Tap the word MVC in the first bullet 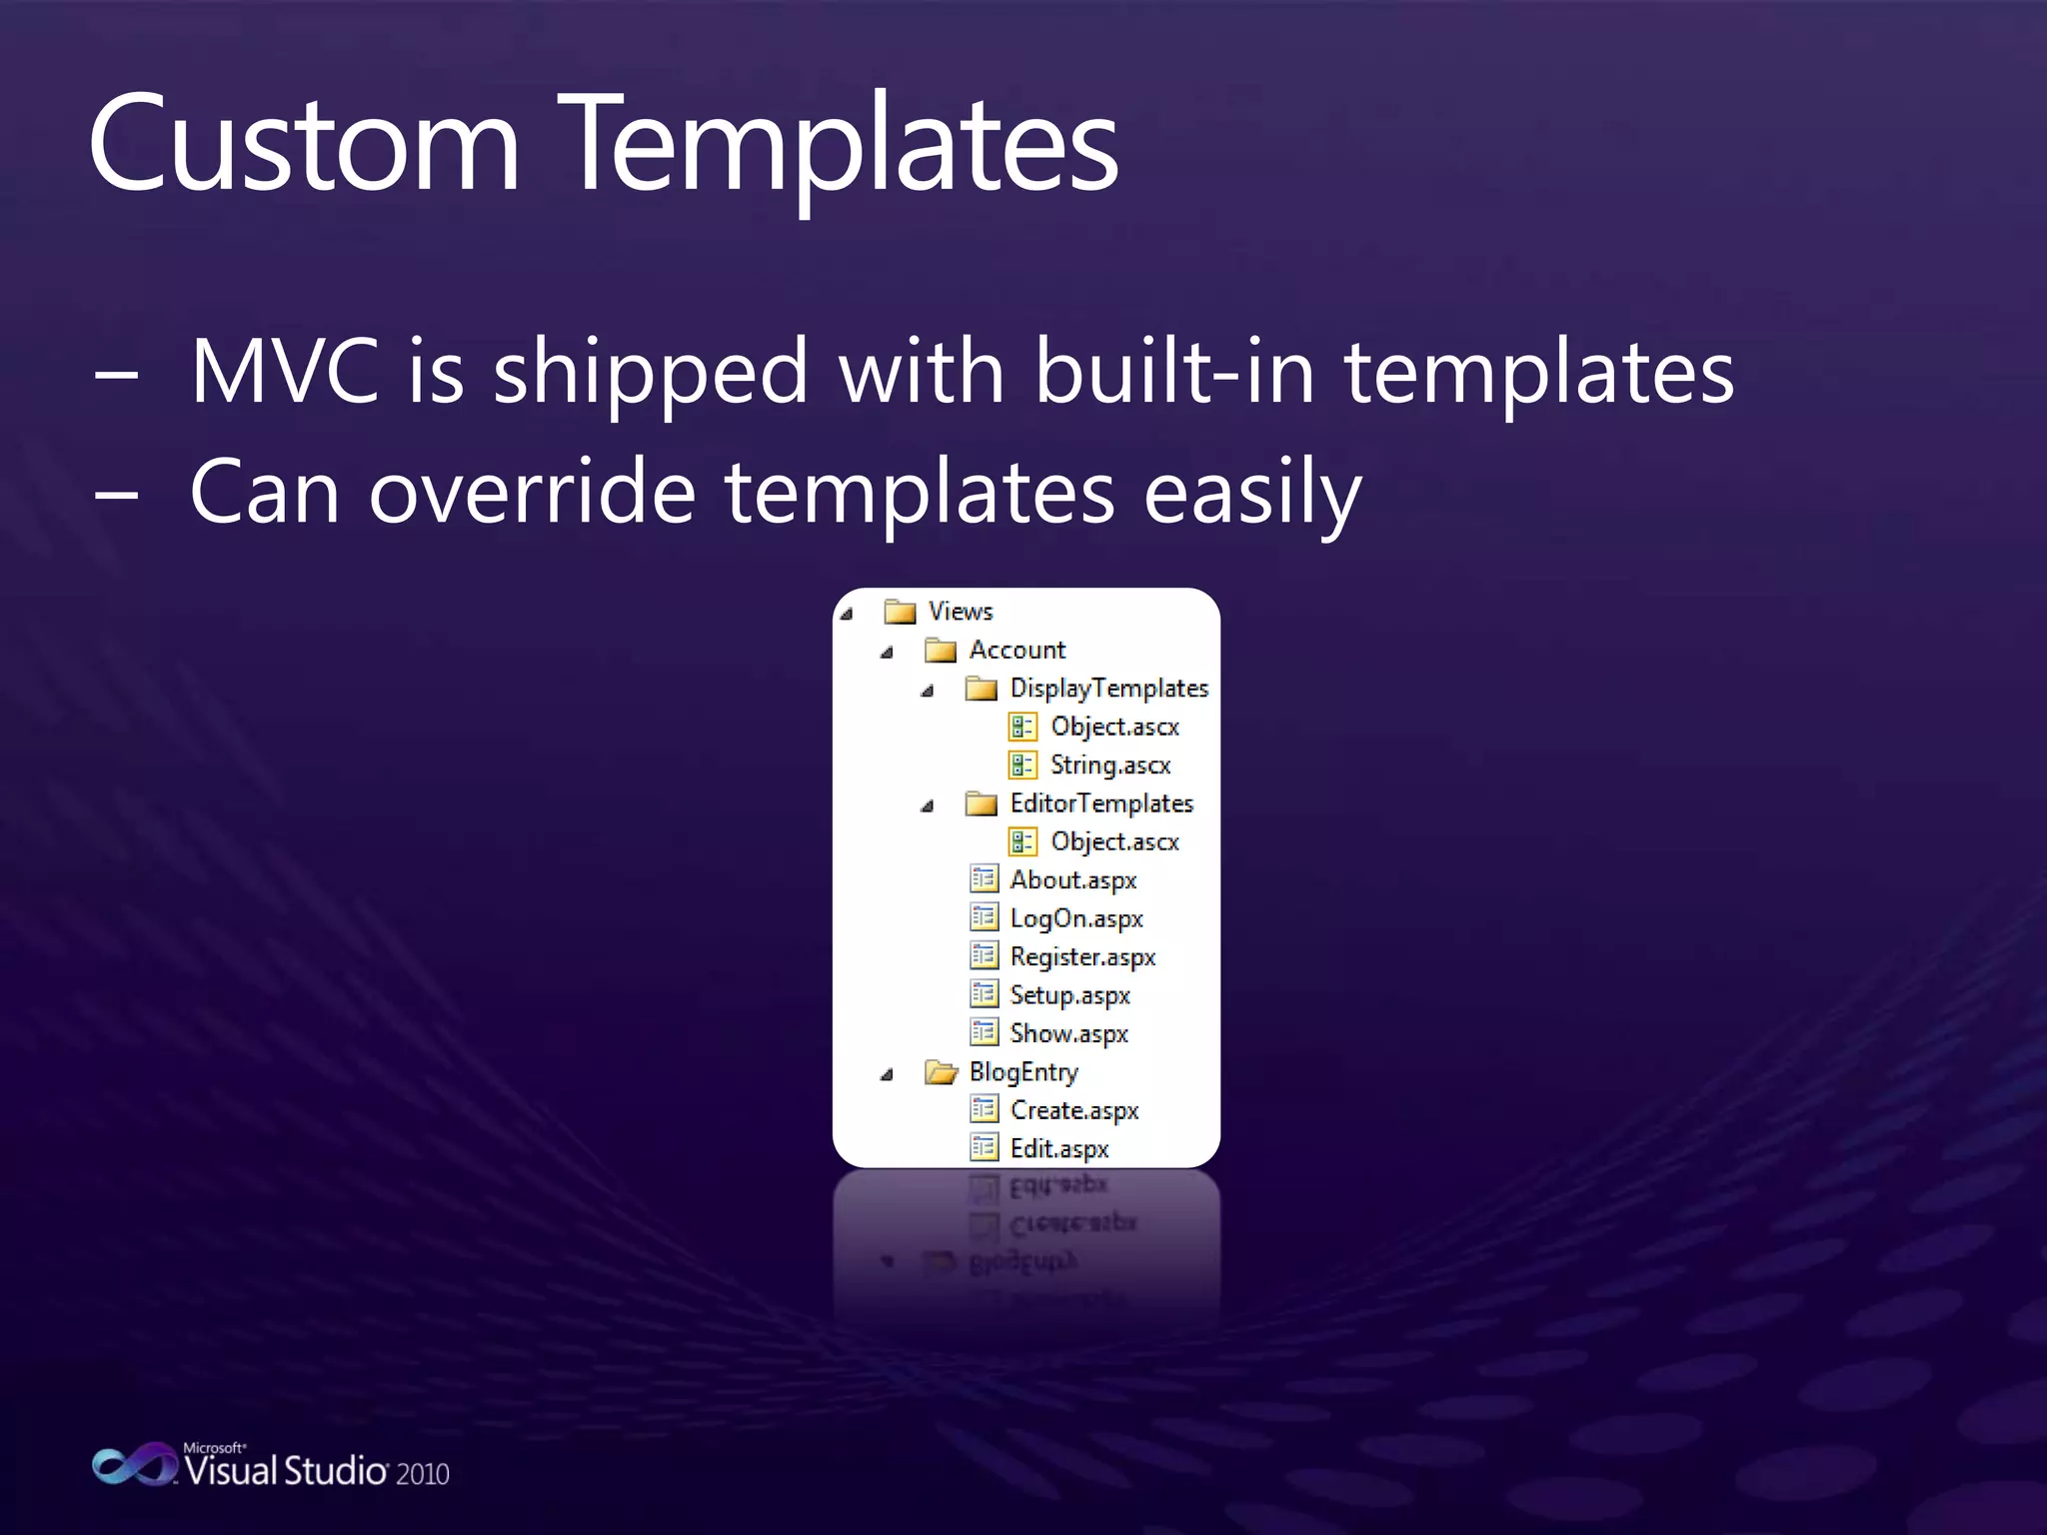(x=285, y=372)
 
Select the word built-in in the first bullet (x=1174, y=372)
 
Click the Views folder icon (x=900, y=611)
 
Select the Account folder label (x=1017, y=650)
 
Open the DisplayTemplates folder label (x=1108, y=689)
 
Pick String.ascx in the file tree (x=1109, y=766)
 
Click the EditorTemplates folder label (x=1101, y=803)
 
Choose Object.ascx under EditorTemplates (x=1114, y=842)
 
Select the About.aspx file (x=1072, y=880)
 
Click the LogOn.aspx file (x=1075, y=918)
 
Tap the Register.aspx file (x=1082, y=957)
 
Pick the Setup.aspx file (x=1069, y=995)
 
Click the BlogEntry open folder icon (x=940, y=1072)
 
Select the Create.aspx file (x=1073, y=1110)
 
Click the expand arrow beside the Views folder (x=847, y=613)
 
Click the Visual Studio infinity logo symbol (x=134, y=1465)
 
